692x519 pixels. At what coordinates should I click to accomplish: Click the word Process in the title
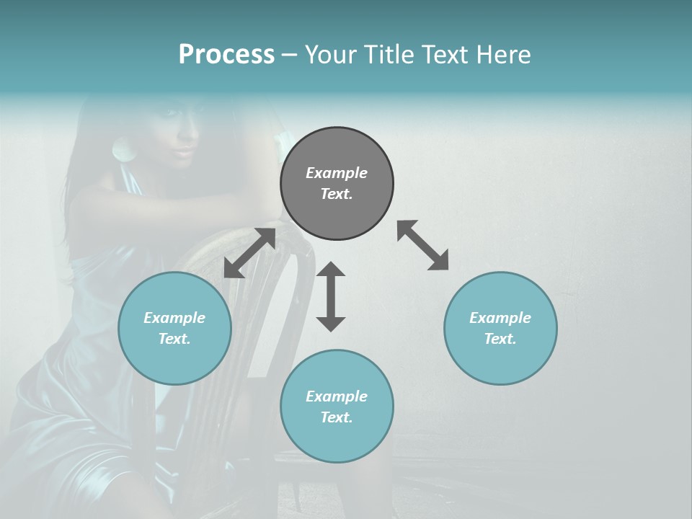[x=226, y=55]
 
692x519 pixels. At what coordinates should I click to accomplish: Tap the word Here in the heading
[x=503, y=55]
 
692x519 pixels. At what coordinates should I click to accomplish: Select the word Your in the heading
[x=329, y=55]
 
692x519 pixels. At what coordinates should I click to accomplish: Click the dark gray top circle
[x=337, y=183]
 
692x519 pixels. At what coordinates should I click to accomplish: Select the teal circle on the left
[x=174, y=328]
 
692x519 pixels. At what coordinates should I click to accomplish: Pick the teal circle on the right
[x=500, y=328]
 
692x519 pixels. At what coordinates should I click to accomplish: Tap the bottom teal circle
[x=337, y=406]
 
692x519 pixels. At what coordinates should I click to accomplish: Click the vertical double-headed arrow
[x=331, y=296]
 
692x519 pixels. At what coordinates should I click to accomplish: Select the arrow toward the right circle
[x=422, y=245]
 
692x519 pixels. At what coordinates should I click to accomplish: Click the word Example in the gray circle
[x=337, y=173]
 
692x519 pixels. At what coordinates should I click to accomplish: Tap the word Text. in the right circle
[x=500, y=339]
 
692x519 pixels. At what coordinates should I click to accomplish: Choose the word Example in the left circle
[x=174, y=318]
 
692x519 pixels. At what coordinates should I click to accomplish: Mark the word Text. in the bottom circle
[x=337, y=417]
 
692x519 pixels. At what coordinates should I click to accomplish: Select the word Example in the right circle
[x=500, y=318]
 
